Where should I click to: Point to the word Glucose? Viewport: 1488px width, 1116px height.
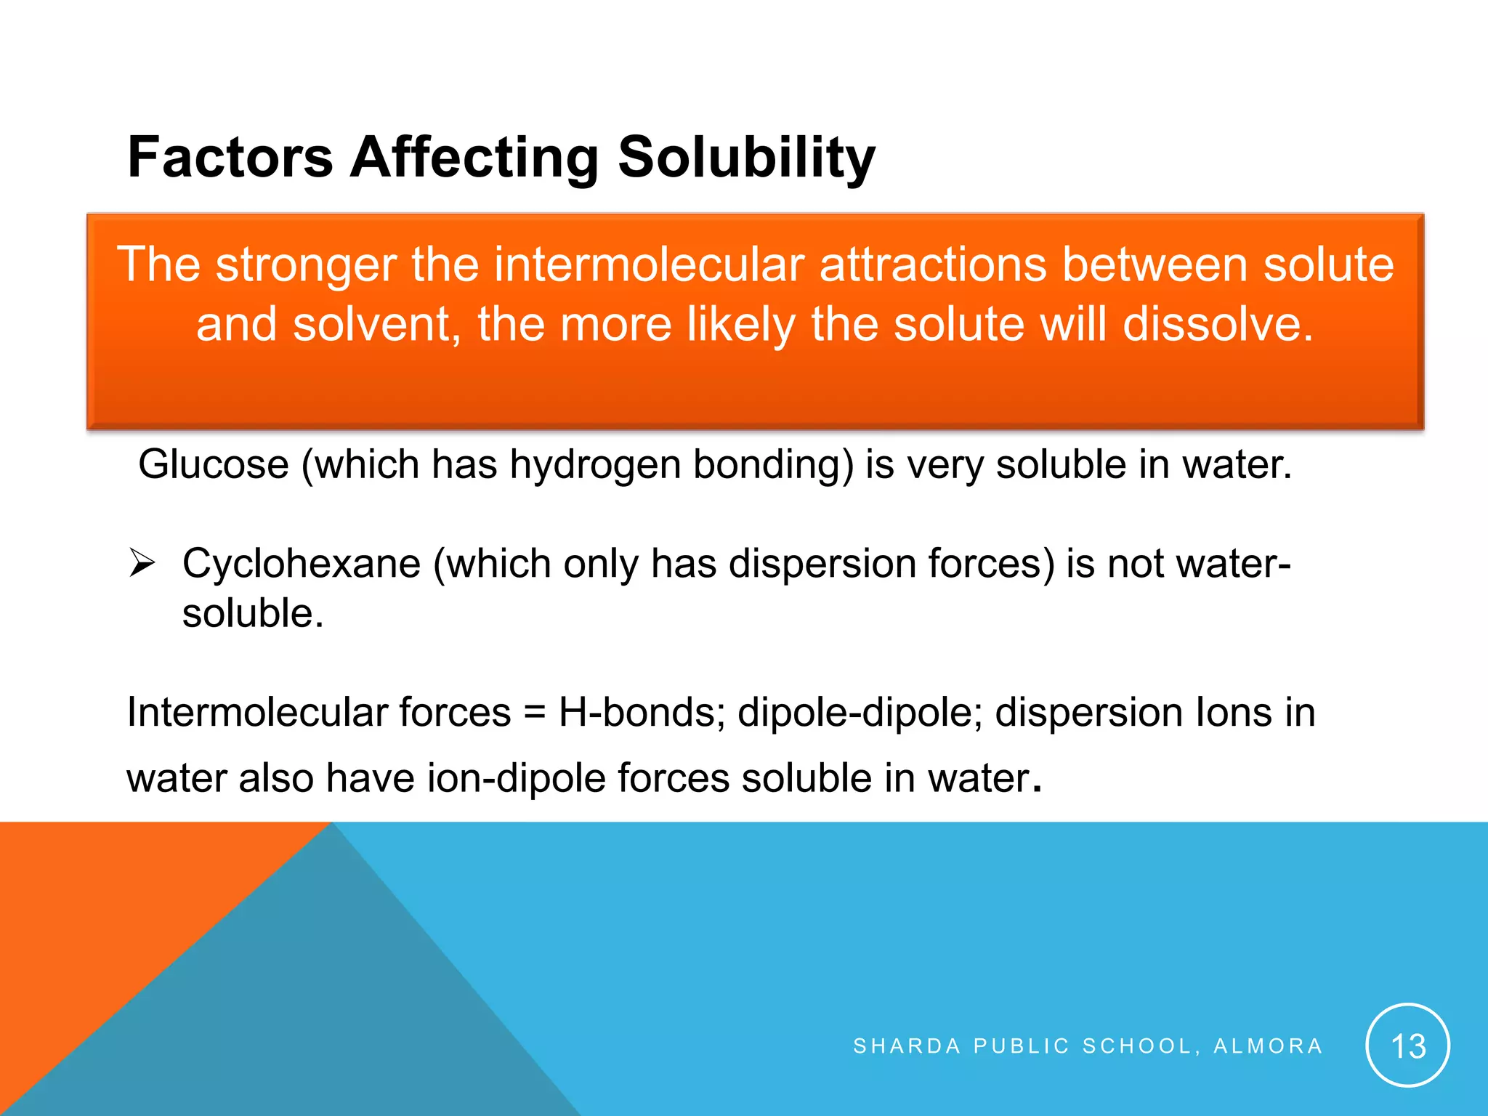[214, 464]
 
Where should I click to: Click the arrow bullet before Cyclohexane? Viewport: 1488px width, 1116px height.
[142, 563]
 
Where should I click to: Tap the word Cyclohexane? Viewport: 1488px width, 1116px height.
[302, 564]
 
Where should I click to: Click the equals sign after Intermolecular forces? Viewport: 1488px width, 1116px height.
[534, 713]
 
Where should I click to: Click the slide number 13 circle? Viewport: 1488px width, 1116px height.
[1407, 1046]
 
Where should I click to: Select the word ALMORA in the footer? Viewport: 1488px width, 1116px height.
[1268, 1046]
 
